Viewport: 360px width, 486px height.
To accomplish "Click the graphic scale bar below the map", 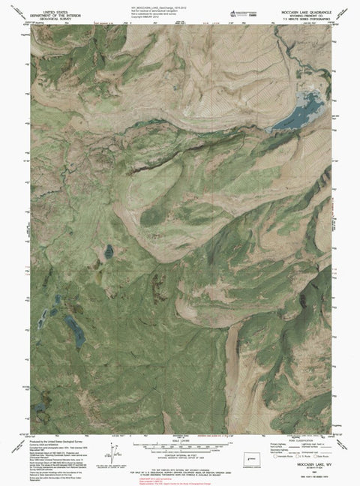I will click(x=180, y=438).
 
